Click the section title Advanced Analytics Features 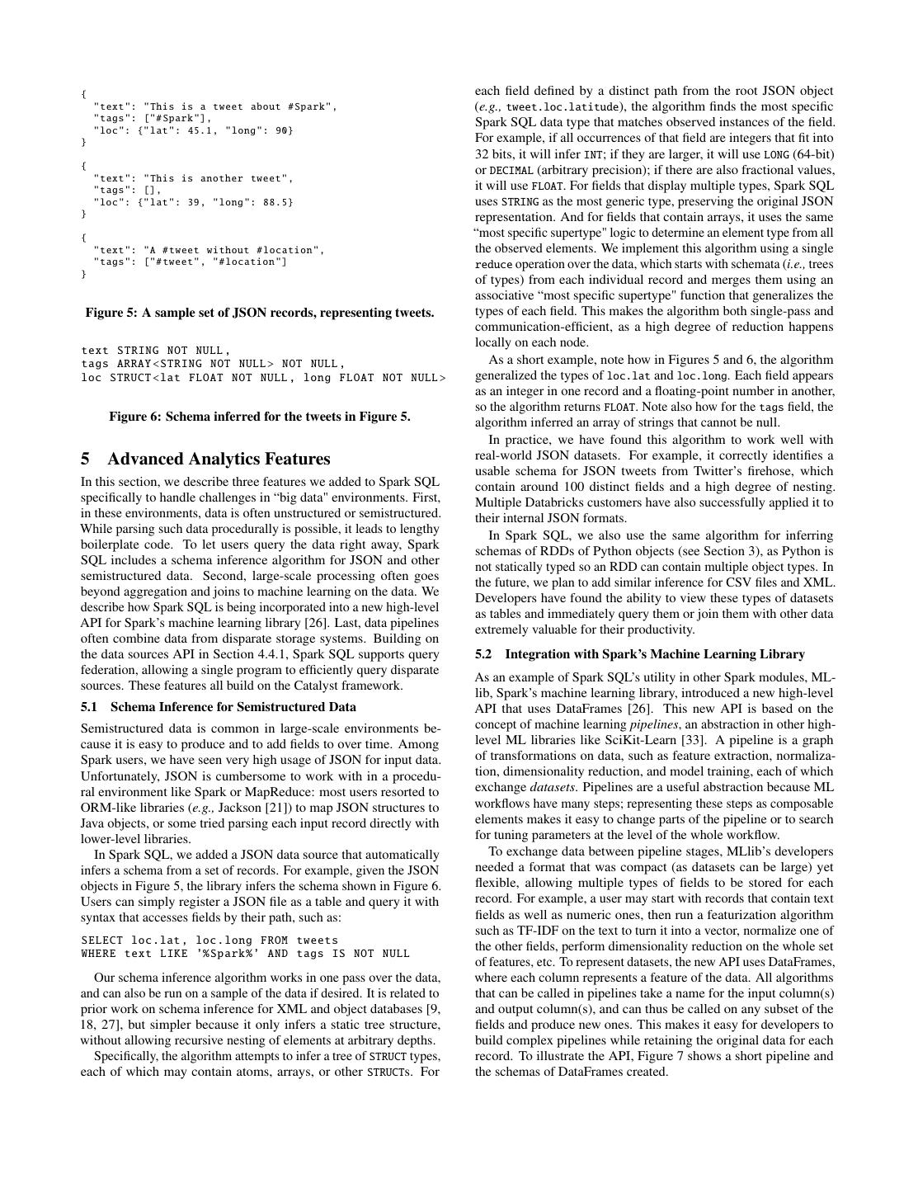click(219, 459)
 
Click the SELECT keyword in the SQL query click(102, 940)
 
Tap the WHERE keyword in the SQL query click(99, 954)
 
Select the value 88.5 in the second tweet click(272, 202)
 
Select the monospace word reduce click(493, 265)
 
